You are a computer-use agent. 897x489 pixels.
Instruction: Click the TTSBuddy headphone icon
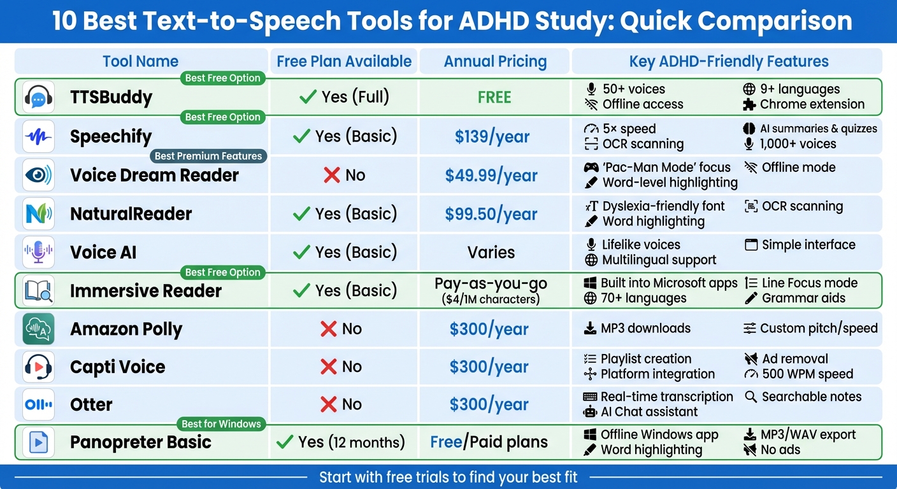pyautogui.click(x=38, y=97)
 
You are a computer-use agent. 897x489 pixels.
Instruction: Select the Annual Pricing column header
pyautogui.click(x=495, y=62)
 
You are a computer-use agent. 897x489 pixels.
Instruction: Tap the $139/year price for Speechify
pyautogui.click(x=492, y=136)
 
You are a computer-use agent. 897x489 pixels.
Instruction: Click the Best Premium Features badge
pyautogui.click(x=208, y=156)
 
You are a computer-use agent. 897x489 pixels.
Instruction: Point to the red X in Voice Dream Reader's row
pyautogui.click(x=331, y=175)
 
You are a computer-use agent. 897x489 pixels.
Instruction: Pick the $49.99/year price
pyautogui.click(x=491, y=175)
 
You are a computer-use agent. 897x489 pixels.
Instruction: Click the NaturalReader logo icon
pyautogui.click(x=38, y=214)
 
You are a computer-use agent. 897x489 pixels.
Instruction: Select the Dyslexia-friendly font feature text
pyautogui.click(x=663, y=206)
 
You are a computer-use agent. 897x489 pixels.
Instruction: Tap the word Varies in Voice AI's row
pyautogui.click(x=491, y=252)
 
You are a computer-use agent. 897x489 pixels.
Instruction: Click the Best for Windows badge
pyautogui.click(x=221, y=424)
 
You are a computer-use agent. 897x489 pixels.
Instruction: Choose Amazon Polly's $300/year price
pyautogui.click(x=489, y=329)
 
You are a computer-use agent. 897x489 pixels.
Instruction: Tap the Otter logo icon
pyautogui.click(x=38, y=404)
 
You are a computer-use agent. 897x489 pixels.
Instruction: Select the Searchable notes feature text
pyautogui.click(x=811, y=397)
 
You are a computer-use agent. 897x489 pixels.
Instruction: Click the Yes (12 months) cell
pyautogui.click(x=341, y=442)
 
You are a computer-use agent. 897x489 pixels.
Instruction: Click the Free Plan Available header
pyautogui.click(x=344, y=62)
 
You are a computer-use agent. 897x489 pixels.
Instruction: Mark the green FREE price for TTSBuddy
pyautogui.click(x=494, y=97)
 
